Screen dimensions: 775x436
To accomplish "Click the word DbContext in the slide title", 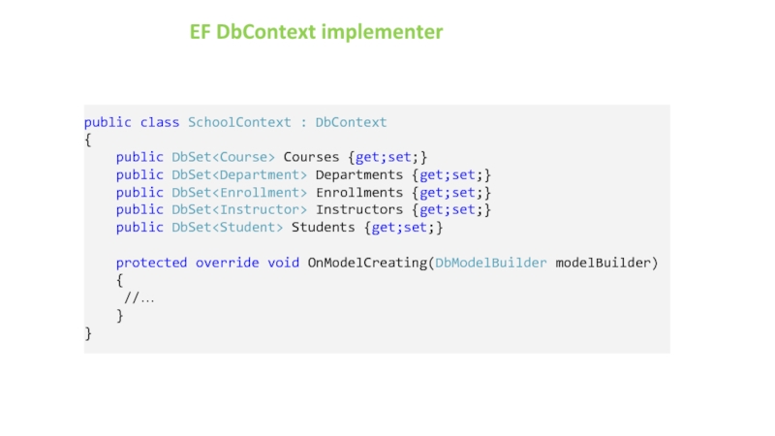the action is coord(266,32).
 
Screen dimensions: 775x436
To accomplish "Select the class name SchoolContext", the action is coord(239,122).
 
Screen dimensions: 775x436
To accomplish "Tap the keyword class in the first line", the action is coord(160,122).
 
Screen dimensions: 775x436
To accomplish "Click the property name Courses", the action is coord(311,157).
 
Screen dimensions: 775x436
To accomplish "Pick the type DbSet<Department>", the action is coord(239,174).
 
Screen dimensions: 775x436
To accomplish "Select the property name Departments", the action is coord(358,174).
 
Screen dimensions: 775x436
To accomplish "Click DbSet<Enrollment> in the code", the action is coord(239,192).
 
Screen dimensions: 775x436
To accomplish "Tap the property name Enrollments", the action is coord(358,192).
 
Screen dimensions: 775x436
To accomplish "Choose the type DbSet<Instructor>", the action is coord(239,209).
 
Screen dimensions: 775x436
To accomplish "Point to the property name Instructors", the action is coord(358,209).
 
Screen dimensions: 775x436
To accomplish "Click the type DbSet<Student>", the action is coord(228,227).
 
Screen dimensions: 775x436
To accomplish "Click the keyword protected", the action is coord(151,263).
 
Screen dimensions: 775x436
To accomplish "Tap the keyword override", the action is coord(228,263).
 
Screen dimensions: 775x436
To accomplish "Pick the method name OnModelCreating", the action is coord(367,263).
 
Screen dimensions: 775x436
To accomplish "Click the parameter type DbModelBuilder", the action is coord(490,263).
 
